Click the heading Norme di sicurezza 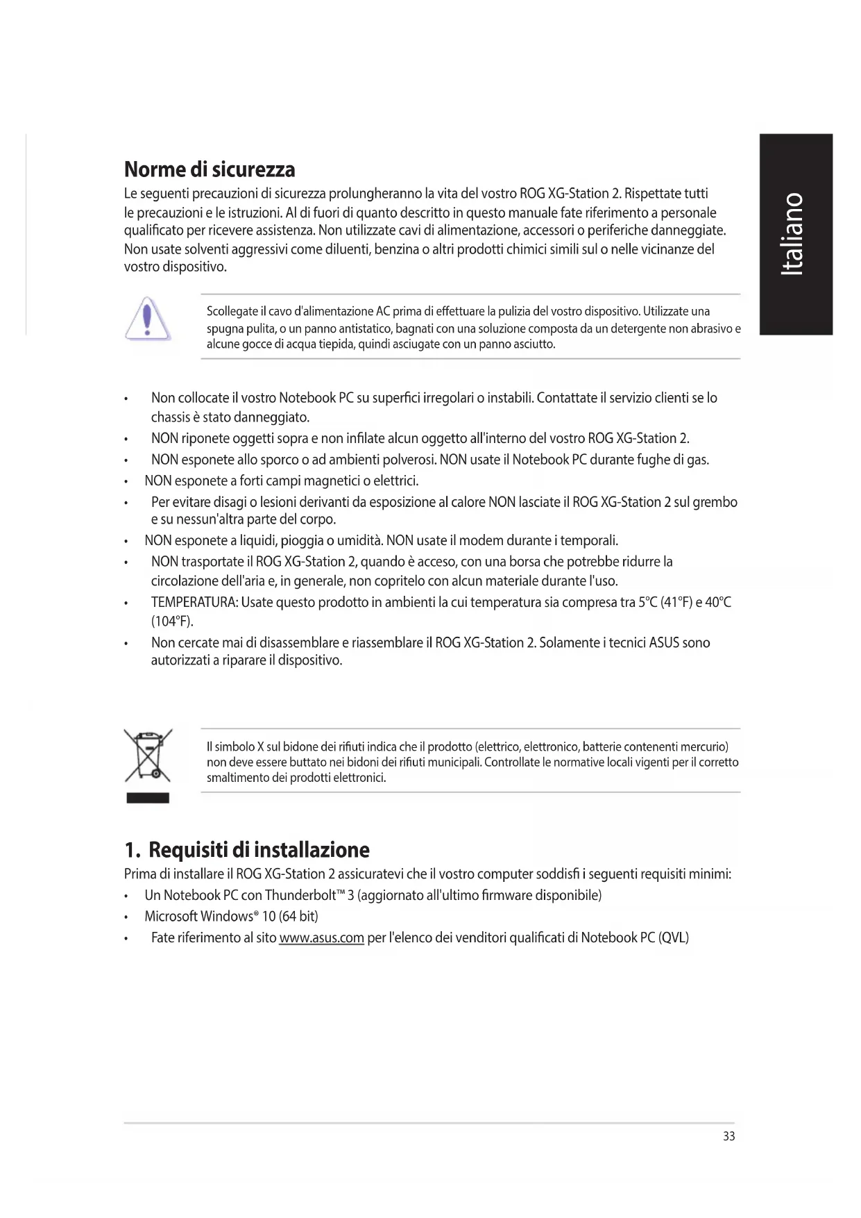tap(210, 169)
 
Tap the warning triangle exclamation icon tap(147, 319)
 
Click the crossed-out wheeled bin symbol tap(148, 756)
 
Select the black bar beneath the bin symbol tap(148, 798)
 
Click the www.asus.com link tap(321, 938)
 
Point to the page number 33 tap(728, 1136)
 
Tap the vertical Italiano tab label tap(794, 234)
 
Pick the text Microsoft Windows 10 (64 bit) tap(231, 917)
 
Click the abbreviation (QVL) tap(673, 938)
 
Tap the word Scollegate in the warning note tap(232, 311)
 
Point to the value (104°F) tap(172, 621)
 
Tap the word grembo tap(715, 502)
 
